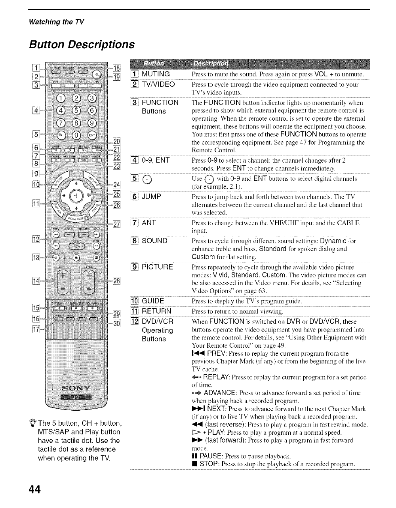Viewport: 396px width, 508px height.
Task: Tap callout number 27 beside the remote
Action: pos(117,225)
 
